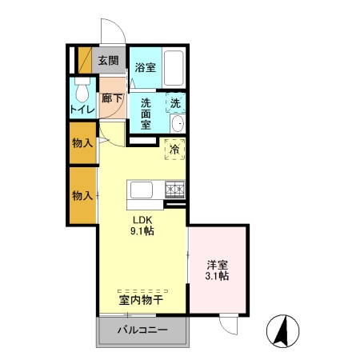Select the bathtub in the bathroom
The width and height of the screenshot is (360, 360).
tap(173, 68)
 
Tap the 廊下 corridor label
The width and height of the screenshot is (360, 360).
tap(112, 99)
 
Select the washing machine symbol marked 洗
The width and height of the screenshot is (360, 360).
tap(175, 103)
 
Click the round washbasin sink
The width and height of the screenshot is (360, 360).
tap(177, 123)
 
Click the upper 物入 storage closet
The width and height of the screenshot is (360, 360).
tap(82, 142)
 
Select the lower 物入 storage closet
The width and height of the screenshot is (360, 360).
tap(82, 195)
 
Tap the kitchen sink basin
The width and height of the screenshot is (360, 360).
tap(142, 190)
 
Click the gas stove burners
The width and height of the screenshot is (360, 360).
tap(174, 190)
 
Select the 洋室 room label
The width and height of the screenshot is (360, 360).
tap(218, 263)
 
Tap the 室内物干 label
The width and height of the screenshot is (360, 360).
tap(142, 300)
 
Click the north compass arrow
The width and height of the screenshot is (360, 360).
tap(282, 329)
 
